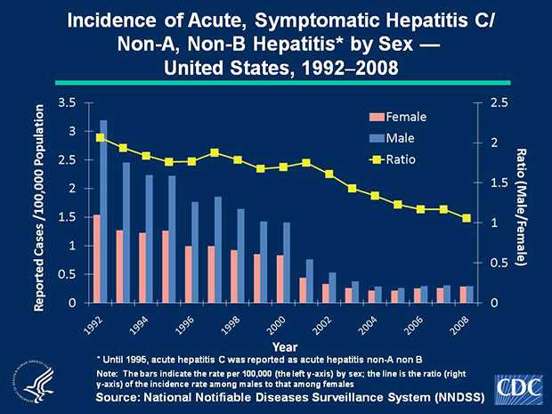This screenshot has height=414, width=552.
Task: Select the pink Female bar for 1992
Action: [96, 258]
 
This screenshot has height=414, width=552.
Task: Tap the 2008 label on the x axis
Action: [460, 326]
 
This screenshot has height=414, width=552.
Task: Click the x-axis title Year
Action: [285, 345]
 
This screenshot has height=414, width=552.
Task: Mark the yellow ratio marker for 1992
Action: [100, 137]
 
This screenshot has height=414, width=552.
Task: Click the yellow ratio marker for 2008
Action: [466, 218]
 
